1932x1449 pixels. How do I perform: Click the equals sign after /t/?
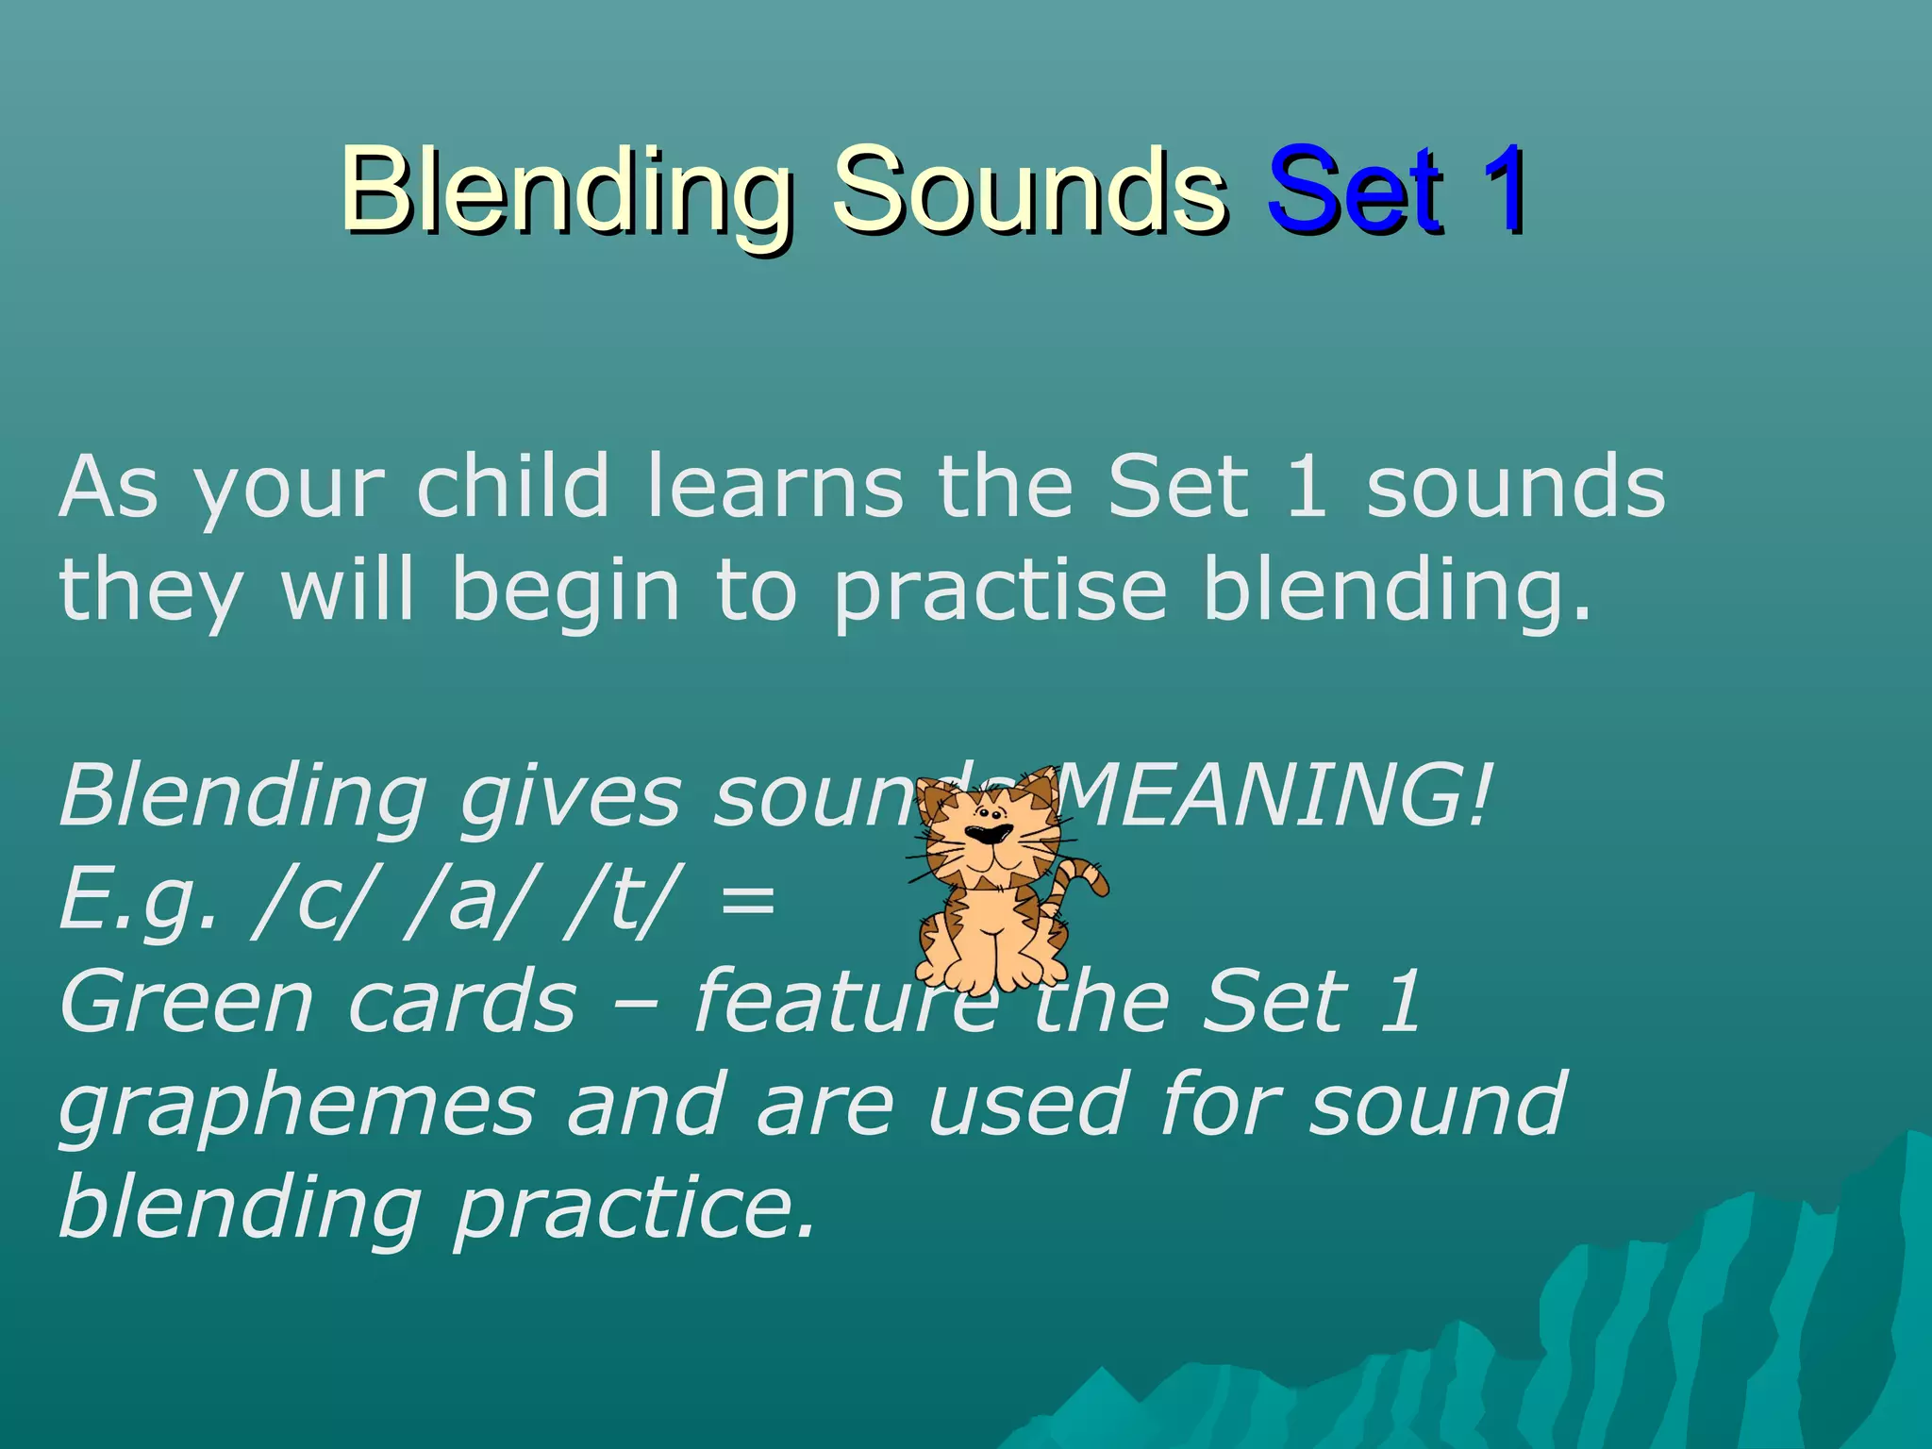(x=747, y=901)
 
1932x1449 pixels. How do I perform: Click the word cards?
(x=461, y=1002)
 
